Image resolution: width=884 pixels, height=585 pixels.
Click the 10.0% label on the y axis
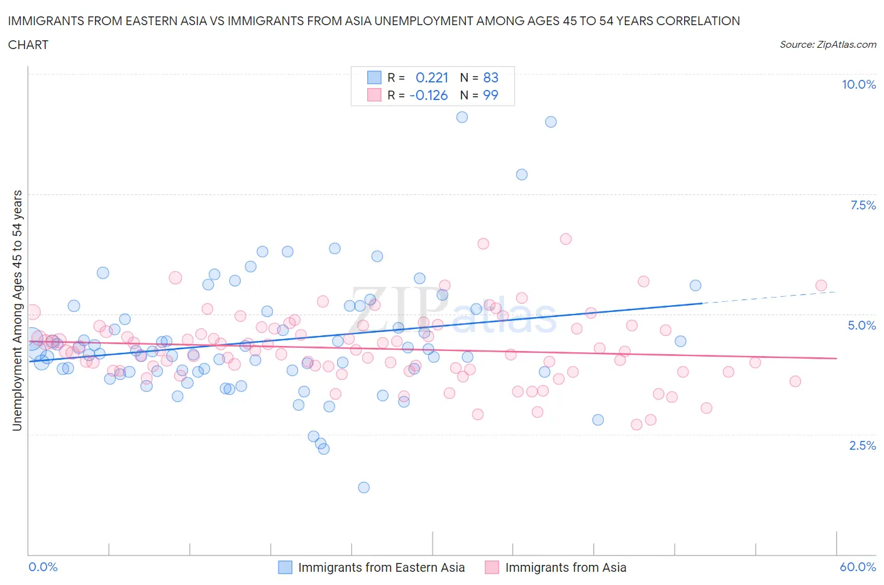[x=858, y=84]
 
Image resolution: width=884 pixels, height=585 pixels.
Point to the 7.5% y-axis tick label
[x=862, y=205]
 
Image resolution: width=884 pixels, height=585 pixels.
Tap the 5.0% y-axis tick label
[x=861, y=325]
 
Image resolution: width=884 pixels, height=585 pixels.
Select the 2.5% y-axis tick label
[x=862, y=445]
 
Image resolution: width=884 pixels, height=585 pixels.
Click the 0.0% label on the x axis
[x=43, y=567]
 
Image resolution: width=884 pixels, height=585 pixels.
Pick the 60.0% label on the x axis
[x=858, y=567]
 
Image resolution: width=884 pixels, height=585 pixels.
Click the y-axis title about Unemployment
[x=17, y=310]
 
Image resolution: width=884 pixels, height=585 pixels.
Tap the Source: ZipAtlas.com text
[x=827, y=44]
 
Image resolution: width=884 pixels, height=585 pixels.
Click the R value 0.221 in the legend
[x=432, y=77]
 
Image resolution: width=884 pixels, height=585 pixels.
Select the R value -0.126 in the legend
[x=428, y=95]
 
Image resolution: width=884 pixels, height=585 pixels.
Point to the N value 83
[x=490, y=77]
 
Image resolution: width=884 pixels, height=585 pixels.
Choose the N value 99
[x=490, y=95]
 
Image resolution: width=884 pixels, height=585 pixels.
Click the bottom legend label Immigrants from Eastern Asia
[x=381, y=567]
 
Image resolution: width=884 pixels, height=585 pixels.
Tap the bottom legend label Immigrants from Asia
[x=565, y=567]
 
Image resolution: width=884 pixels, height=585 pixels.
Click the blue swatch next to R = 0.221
[x=374, y=77]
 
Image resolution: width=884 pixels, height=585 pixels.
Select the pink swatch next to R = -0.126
[x=374, y=95]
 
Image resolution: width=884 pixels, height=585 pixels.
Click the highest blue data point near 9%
[x=462, y=117]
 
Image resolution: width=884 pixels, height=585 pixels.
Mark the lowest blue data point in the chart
[x=363, y=487]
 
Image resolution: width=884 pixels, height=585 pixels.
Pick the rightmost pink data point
[x=821, y=286]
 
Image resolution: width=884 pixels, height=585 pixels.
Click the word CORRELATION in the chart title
[x=698, y=21]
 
